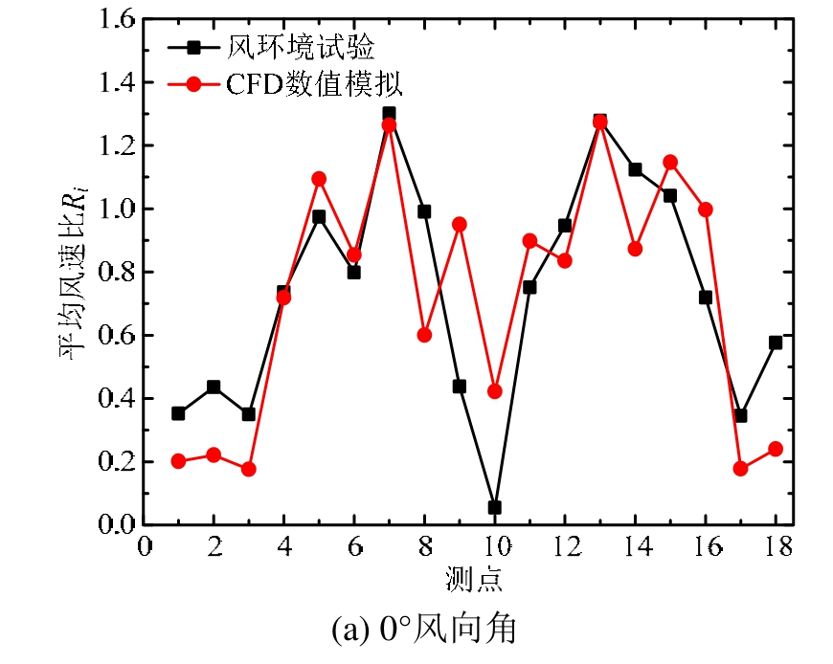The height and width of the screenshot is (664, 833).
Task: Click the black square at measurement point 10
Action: [x=494, y=507]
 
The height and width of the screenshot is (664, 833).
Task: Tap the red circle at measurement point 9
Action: [x=459, y=224]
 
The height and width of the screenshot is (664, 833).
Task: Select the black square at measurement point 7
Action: [x=389, y=114]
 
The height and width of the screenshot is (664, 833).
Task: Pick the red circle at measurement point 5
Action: [x=319, y=179]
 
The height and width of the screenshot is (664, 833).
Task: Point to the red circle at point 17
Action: [x=740, y=468]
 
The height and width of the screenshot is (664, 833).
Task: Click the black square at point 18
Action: [x=776, y=342]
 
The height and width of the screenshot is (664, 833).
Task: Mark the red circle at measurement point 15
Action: [x=670, y=162]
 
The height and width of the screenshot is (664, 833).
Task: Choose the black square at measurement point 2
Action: [x=214, y=387]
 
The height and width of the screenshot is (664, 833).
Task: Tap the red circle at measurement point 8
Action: [x=424, y=335]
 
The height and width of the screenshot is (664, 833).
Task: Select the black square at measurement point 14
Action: [x=635, y=169]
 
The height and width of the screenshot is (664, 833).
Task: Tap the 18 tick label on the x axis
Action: [x=776, y=548]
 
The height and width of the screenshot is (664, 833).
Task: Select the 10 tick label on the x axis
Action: [x=494, y=548]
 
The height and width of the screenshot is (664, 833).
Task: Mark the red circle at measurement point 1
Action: [x=178, y=461]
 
